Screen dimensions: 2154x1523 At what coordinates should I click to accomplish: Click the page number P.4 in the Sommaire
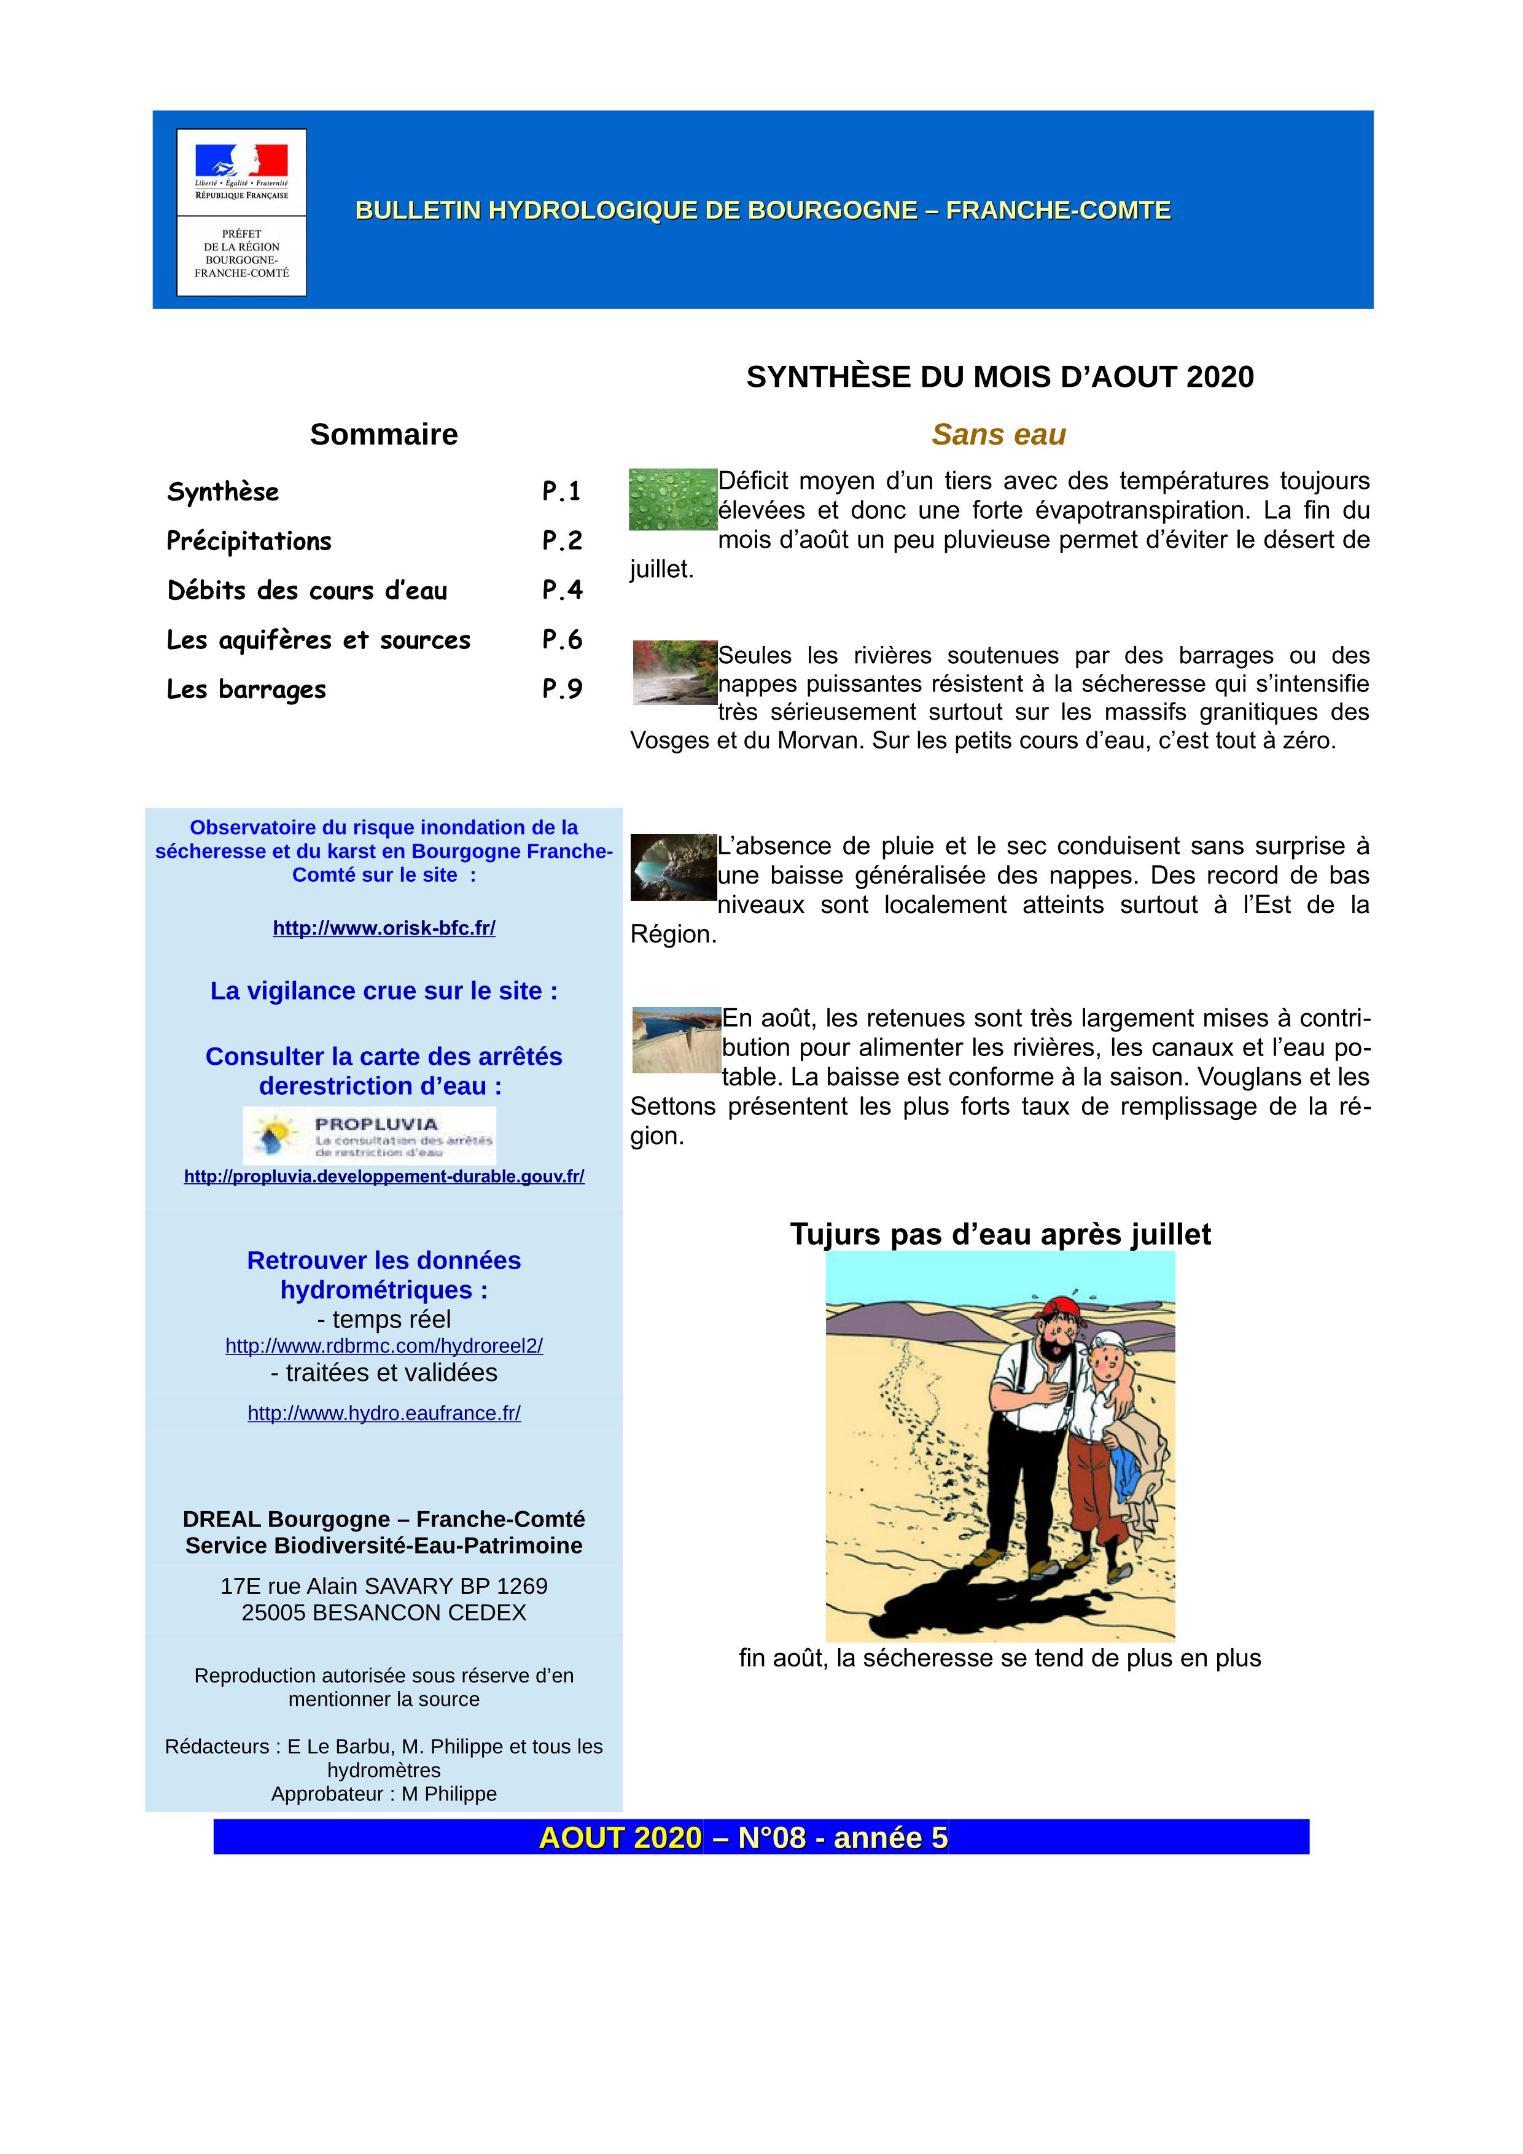tap(562, 590)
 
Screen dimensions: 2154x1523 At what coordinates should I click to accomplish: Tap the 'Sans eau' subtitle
tap(999, 434)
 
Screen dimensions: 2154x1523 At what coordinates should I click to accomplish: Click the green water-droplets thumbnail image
tap(672, 499)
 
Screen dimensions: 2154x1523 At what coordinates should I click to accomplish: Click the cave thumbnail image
tap(673, 867)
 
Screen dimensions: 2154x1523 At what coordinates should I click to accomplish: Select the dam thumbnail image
tap(676, 1040)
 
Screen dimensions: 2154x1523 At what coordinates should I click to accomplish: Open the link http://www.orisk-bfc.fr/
tap(384, 928)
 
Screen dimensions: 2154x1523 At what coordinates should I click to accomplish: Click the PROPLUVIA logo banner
tap(369, 1135)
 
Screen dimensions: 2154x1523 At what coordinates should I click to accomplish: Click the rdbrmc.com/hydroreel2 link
tap(384, 1345)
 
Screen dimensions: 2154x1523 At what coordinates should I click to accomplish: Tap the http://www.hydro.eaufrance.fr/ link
tap(384, 1413)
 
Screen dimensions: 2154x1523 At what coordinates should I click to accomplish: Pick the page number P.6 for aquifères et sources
tap(562, 640)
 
